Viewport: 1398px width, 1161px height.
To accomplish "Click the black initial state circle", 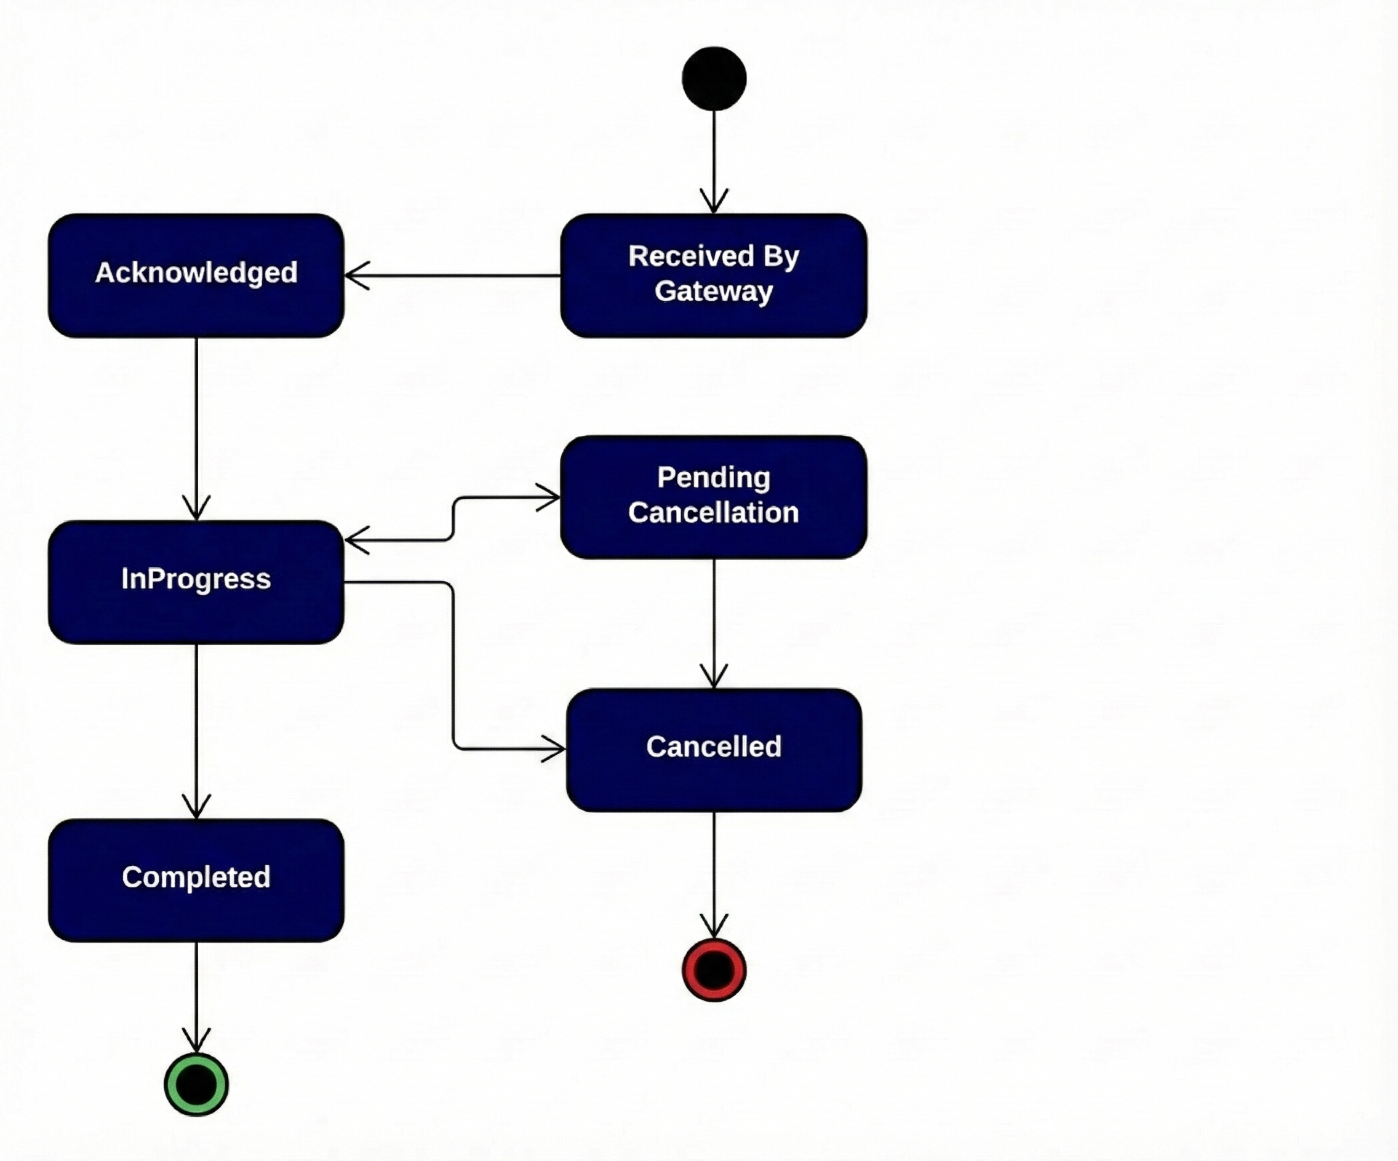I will coord(714,79).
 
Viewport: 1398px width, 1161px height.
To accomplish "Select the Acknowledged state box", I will coord(196,275).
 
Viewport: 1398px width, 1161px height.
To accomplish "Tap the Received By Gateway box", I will coord(714,275).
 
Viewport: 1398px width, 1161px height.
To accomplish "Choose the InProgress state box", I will coord(196,582).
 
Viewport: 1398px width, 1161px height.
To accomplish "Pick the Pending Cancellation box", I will coord(714,497).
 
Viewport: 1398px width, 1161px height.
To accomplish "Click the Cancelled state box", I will coord(714,750).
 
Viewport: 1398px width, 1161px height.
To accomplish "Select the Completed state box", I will coord(196,879).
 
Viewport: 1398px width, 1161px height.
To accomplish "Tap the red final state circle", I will coord(714,970).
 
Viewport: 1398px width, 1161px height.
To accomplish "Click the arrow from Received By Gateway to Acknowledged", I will coord(453,275).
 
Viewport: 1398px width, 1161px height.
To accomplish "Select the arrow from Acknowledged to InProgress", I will coord(196,426).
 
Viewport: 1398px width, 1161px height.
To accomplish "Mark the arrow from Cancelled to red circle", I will coord(714,871).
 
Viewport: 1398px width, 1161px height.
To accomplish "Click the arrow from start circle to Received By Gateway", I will coord(714,160).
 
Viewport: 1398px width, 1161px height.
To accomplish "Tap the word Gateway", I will coord(714,291).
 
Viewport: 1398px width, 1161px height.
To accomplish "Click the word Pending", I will coord(714,478).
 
